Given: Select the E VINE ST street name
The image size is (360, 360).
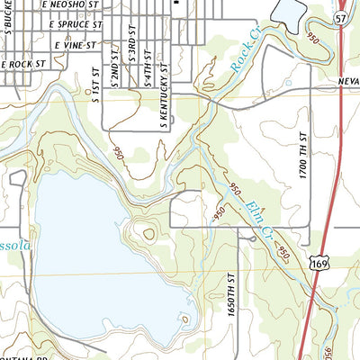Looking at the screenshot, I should tap(74, 43).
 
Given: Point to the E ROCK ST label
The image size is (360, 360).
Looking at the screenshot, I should tap(23, 64).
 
